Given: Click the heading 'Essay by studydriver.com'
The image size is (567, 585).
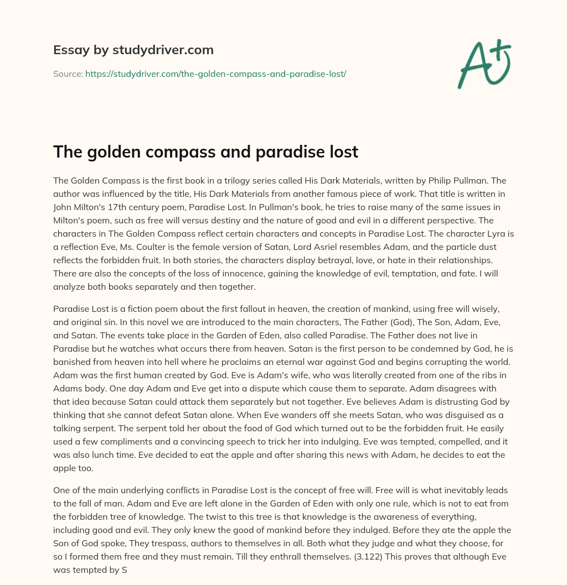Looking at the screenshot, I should pyautogui.click(x=133, y=50).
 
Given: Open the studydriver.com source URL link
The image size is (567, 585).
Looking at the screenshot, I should pyautogui.click(x=215, y=74).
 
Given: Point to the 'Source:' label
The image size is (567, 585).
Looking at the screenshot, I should pyautogui.click(x=68, y=74).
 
